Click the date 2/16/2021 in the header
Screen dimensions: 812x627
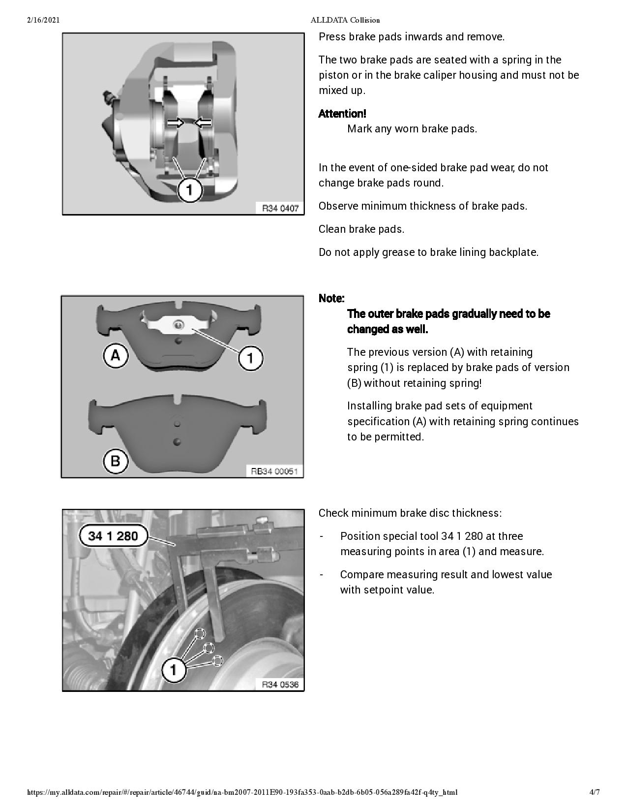point(43,20)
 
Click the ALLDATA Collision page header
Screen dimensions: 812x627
point(345,20)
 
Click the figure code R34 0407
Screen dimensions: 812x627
point(280,208)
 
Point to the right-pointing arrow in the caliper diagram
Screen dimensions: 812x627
point(175,123)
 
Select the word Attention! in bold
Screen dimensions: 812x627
point(342,114)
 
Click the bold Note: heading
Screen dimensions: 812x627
point(331,298)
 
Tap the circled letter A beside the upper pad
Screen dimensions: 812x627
point(116,355)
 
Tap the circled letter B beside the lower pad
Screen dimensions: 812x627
point(116,461)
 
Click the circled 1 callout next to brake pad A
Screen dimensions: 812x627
point(250,358)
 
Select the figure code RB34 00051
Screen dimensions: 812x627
point(274,471)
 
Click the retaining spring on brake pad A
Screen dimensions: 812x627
point(177,324)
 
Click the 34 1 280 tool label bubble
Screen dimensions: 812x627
point(113,536)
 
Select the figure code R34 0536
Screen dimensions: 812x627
point(280,685)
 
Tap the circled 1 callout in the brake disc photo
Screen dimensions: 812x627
point(173,669)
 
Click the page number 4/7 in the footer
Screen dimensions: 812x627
point(595,792)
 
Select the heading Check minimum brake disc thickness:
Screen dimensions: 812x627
point(410,513)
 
